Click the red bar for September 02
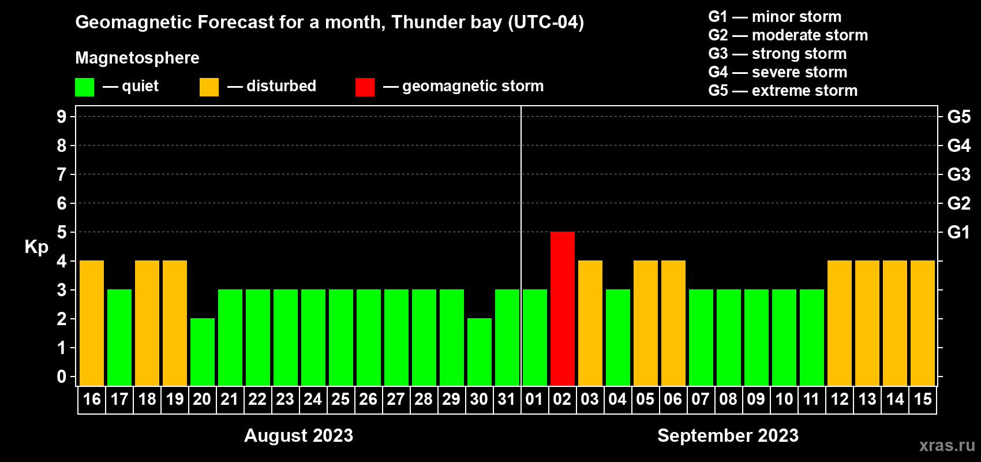pyautogui.click(x=562, y=308)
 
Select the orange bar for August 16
pyautogui.click(x=92, y=323)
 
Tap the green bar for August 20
pyautogui.click(x=203, y=352)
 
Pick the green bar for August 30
pyautogui.click(x=480, y=352)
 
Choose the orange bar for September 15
pyautogui.click(x=923, y=323)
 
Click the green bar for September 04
pyautogui.click(x=618, y=337)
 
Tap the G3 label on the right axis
pyautogui.click(x=959, y=174)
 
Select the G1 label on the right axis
pyautogui.click(x=958, y=232)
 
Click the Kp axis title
pyautogui.click(x=36, y=247)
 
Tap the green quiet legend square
pyautogui.click(x=84, y=87)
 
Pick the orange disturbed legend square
pyautogui.click(x=209, y=87)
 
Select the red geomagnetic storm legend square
pyautogui.click(x=365, y=87)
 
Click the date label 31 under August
pyautogui.click(x=507, y=399)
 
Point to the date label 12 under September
pyautogui.click(x=840, y=399)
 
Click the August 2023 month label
pyautogui.click(x=299, y=435)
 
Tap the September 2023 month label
pyautogui.click(x=728, y=435)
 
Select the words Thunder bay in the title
pyautogui.click(x=447, y=23)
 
